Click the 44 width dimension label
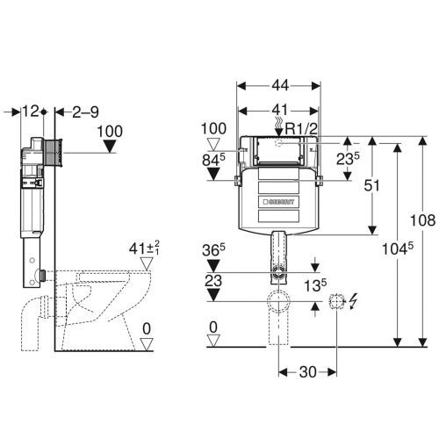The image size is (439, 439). click(x=280, y=85)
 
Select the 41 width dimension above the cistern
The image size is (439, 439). click(x=280, y=111)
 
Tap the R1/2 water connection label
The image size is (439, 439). click(x=301, y=128)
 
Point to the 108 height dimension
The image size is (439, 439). click(x=422, y=220)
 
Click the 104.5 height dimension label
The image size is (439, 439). click(x=398, y=248)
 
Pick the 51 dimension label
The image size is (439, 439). click(x=371, y=185)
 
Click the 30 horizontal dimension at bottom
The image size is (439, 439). click(x=308, y=372)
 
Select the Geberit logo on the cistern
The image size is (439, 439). click(x=278, y=202)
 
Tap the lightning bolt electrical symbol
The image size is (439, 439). click(x=354, y=301)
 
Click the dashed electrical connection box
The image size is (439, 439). click(x=336, y=301)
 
